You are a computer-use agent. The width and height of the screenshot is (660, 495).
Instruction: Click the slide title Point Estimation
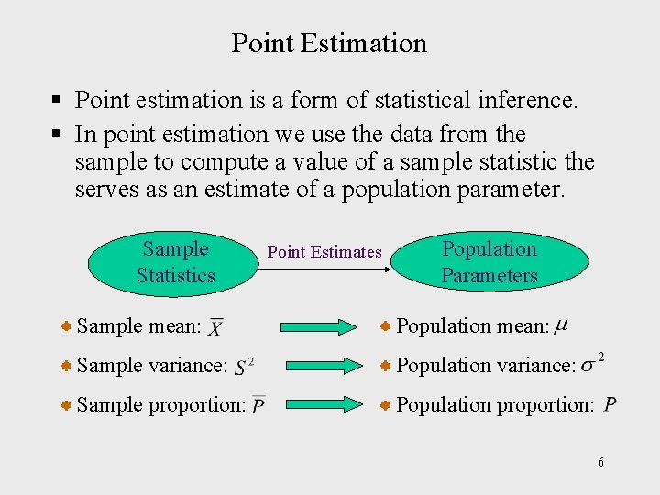point(329,43)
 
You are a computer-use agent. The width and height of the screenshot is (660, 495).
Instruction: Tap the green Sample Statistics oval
point(175,262)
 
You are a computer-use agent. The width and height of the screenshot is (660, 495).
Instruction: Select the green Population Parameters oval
point(489,262)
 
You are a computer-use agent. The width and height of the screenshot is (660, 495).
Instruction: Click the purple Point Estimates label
point(324,252)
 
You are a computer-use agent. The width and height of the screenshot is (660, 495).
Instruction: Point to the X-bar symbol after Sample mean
point(215,327)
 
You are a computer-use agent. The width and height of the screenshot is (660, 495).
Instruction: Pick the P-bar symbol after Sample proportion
point(258,405)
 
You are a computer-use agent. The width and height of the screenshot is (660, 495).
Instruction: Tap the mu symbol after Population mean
point(561,324)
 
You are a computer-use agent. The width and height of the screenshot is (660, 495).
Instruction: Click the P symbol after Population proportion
point(610,405)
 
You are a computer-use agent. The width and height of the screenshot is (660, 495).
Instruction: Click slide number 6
point(600,463)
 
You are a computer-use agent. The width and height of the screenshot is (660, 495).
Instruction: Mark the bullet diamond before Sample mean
point(67,325)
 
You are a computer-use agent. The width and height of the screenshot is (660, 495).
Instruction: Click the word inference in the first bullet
point(532,99)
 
